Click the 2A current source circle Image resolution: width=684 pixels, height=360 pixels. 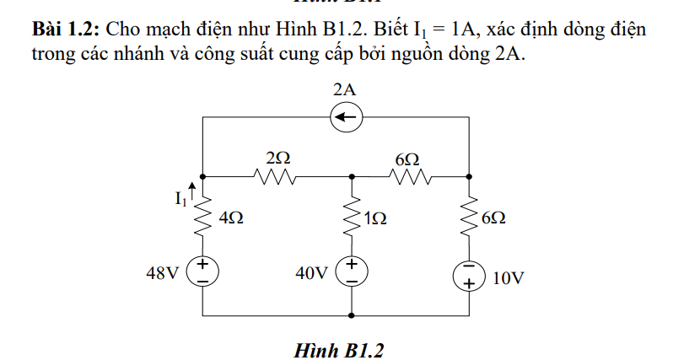click(x=346, y=118)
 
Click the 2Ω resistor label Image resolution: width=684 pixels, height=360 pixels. click(x=277, y=158)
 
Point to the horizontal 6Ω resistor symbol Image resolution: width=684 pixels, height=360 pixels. click(x=409, y=177)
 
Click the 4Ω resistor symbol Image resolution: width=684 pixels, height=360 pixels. click(x=204, y=219)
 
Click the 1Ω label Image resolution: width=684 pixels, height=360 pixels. click(x=375, y=218)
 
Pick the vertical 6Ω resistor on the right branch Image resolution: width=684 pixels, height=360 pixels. click(x=469, y=219)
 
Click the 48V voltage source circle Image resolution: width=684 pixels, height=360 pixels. click(x=204, y=271)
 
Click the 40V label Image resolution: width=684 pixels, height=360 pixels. click(x=311, y=273)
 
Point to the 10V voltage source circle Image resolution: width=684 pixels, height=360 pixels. click(x=469, y=276)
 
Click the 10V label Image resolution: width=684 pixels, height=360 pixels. click(x=509, y=277)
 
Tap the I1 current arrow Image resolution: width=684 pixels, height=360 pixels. click(x=194, y=192)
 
